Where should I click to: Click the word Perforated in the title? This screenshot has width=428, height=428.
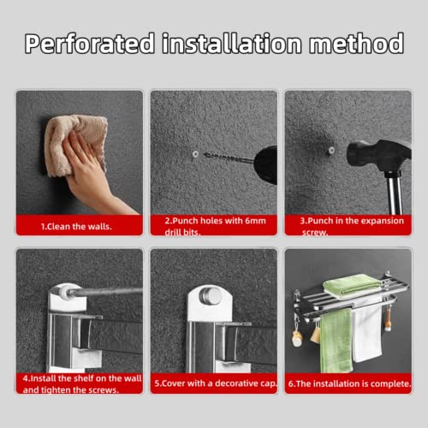90,44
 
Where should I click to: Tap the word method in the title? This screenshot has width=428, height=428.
357,44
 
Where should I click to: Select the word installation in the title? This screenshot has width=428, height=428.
232,44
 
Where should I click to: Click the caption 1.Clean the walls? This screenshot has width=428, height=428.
76,227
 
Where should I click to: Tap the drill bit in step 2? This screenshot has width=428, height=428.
229,158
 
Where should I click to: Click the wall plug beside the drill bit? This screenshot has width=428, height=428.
195,154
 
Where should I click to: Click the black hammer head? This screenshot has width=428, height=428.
378,156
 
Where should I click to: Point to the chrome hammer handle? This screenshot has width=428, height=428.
395,193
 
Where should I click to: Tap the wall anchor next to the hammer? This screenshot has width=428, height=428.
331,151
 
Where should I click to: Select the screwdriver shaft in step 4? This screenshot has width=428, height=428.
105,291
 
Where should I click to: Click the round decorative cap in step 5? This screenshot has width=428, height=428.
211,295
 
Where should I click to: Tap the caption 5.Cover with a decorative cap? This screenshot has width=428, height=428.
216,383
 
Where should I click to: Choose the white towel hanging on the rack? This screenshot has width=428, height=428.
367,331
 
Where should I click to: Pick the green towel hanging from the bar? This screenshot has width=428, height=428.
336,340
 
